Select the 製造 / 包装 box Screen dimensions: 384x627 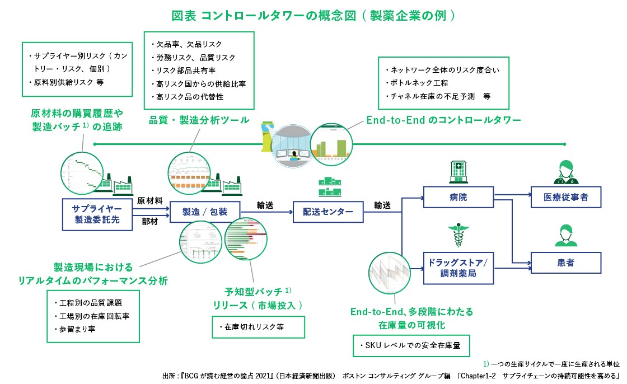pos(205,212)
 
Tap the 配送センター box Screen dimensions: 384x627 pos(328,212)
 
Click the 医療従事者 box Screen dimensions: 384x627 pos(566,198)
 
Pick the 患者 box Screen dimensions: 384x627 pos(566,263)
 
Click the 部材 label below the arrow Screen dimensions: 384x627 pos(149,222)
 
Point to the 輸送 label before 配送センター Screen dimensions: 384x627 pos(265,205)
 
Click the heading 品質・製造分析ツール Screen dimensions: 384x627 pos(199,120)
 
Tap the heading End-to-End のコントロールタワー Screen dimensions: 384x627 pos(443,120)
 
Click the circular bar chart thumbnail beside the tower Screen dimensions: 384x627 pos(333,144)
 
